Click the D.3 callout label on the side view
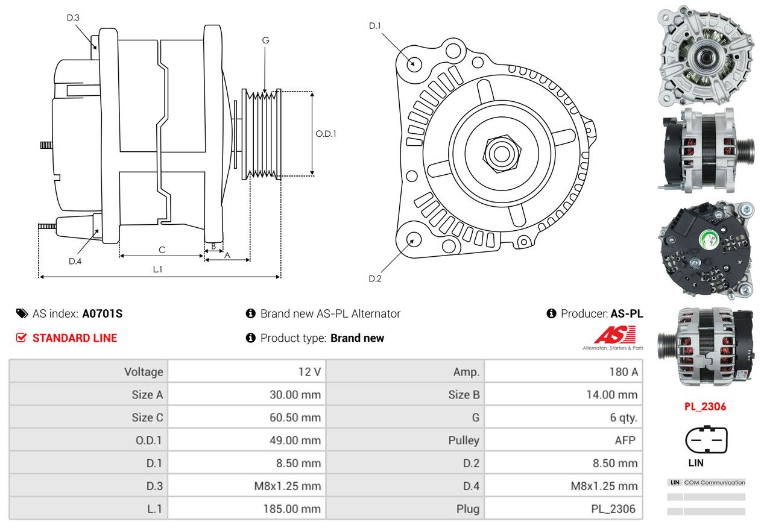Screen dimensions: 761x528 coord(73,17)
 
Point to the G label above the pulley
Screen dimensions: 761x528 coord(266,40)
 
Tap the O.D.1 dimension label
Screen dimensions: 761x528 coord(326,134)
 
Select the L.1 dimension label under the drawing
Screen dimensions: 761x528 coord(157,269)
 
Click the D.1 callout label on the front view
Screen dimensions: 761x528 coord(374,26)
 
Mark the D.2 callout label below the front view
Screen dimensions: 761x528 coord(374,279)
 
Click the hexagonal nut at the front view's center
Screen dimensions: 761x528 coord(502,154)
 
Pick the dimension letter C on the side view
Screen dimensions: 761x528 coord(162,250)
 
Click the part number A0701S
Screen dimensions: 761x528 coord(103,313)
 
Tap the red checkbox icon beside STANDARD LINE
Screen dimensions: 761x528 coord(21,338)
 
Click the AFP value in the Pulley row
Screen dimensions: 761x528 coord(625,440)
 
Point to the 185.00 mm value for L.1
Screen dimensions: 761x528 coord(292,509)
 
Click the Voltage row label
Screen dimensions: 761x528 coord(144,372)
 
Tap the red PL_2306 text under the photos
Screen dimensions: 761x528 coord(705,406)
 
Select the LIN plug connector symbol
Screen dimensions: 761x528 coord(706,439)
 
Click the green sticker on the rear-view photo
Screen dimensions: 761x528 coord(709,240)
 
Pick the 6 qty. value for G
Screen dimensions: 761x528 coord(624,417)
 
